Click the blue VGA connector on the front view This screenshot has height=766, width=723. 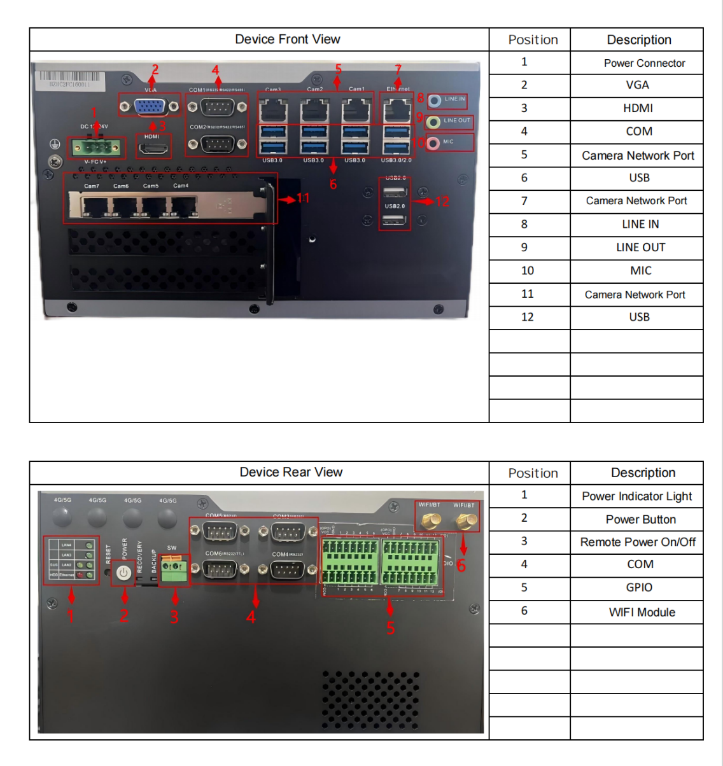pos(151,106)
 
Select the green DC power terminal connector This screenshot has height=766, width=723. pos(96,148)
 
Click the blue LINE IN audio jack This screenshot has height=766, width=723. pos(435,100)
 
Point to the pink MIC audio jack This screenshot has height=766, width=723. pos(433,143)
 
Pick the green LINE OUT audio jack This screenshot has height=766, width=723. pos(433,122)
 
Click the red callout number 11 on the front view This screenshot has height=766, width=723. pos(303,198)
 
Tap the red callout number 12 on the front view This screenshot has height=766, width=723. pos(442,202)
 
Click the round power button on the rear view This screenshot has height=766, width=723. pos(124,573)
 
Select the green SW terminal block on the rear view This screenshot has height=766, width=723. pos(174,570)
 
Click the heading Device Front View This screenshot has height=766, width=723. pos(288,39)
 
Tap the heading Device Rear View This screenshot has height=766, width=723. pos(291,472)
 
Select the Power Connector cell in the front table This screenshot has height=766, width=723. pos(644,63)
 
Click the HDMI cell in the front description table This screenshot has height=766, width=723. pos(638,108)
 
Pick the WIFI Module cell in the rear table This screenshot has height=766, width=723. pos(642,612)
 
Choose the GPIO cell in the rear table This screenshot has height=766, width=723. pos(639,587)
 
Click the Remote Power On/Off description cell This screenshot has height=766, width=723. pos(638,542)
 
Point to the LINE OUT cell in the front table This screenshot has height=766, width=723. pos(640,247)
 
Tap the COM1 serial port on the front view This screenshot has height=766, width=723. pos(217,107)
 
